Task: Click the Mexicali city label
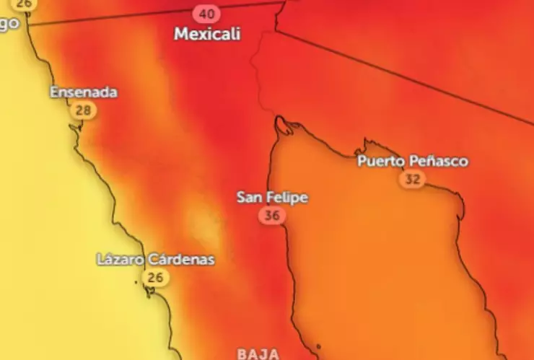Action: (x=207, y=34)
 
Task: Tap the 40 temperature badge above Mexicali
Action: (x=207, y=14)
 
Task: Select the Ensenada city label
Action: (x=83, y=92)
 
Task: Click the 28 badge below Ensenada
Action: (x=84, y=110)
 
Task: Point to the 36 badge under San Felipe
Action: (x=272, y=215)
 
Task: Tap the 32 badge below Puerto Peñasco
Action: (x=412, y=179)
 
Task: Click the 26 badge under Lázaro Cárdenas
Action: (x=155, y=277)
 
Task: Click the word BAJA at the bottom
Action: (x=258, y=354)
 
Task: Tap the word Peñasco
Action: (x=437, y=161)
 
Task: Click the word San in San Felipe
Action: (x=249, y=197)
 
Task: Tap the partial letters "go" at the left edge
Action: (x=9, y=22)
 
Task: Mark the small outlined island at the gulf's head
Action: (x=284, y=126)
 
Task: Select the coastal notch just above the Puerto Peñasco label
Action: (x=367, y=144)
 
